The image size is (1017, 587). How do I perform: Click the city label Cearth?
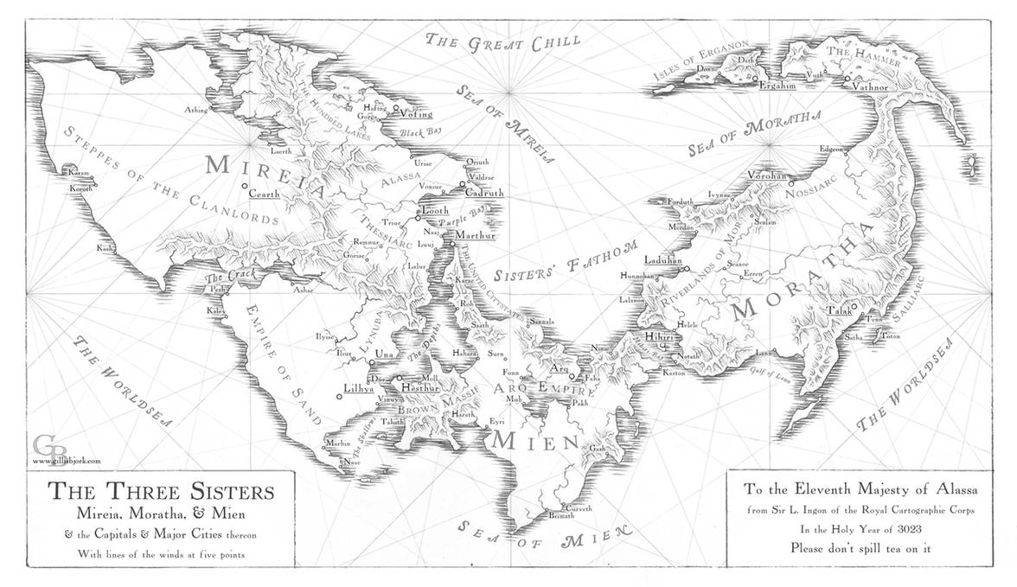click(x=265, y=195)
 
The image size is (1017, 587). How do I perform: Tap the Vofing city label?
click(x=416, y=112)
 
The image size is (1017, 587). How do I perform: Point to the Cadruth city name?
click(x=484, y=194)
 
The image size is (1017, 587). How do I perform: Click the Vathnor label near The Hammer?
click(x=870, y=86)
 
